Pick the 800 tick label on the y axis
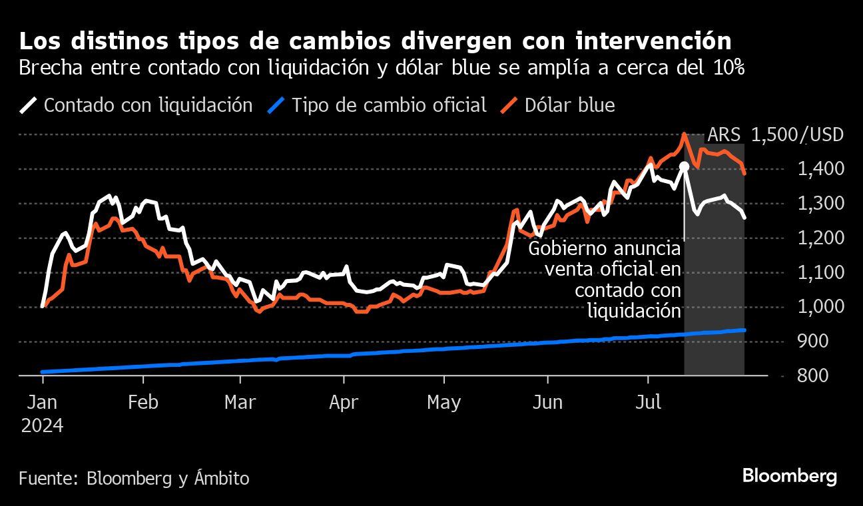pyautogui.click(x=813, y=376)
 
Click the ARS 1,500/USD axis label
pyautogui.click(x=775, y=135)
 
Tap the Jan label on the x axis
pyautogui.click(x=42, y=403)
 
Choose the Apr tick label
pyautogui.click(x=344, y=403)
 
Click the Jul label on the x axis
pyautogui.click(x=648, y=403)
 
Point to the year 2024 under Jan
pyautogui.click(x=42, y=425)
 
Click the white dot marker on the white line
pyautogui.click(x=683, y=165)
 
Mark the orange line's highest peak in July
pyautogui.click(x=683, y=134)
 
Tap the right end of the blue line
pyautogui.click(x=743, y=330)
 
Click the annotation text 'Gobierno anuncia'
pyautogui.click(x=605, y=250)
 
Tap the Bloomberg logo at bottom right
pyautogui.click(x=789, y=476)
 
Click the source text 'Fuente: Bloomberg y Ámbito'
pyautogui.click(x=134, y=478)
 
